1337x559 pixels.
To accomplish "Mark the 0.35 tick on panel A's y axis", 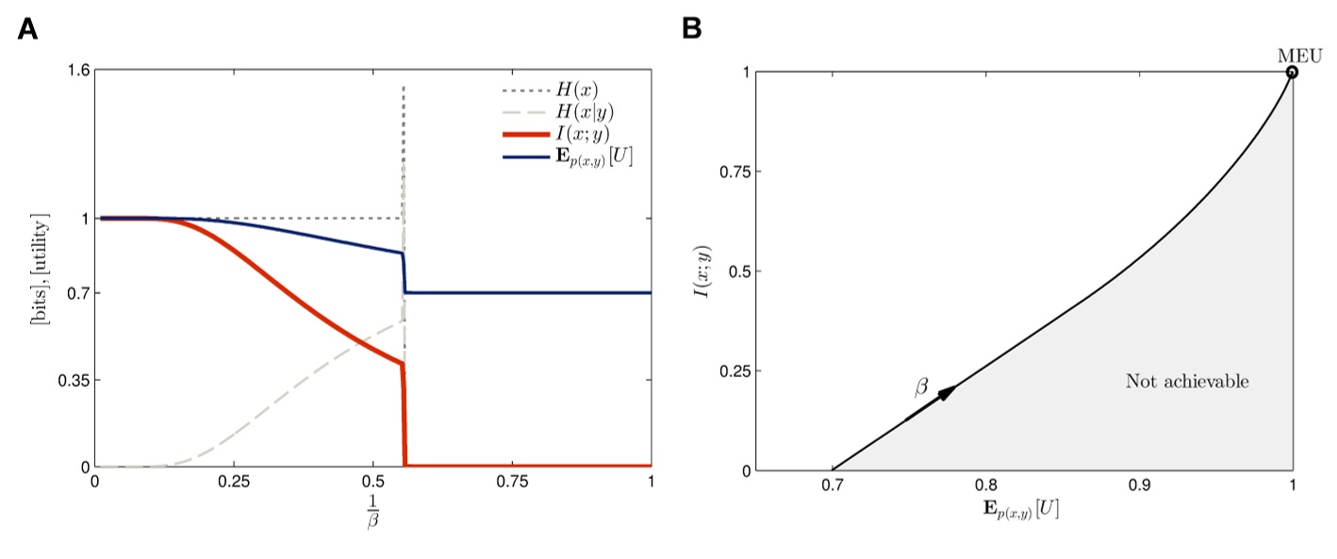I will point(72,381).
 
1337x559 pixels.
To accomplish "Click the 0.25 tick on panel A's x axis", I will point(234,480).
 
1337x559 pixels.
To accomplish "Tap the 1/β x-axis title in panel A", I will point(372,506).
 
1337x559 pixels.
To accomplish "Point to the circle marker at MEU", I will point(1292,72).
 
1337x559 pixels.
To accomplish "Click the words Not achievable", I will point(1186,382).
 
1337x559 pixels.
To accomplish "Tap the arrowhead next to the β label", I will point(949,392).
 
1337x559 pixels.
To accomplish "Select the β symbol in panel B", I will point(920,387).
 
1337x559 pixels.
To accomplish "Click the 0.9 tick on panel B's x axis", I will point(1139,485).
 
